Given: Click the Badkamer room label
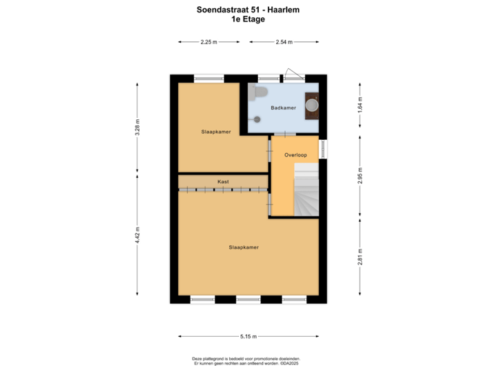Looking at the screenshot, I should [x=284, y=108].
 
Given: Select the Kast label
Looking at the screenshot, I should [x=223, y=182].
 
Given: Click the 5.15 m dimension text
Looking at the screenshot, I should [x=248, y=336].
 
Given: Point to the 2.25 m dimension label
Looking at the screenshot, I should [x=208, y=42].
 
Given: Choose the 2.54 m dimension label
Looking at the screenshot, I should [x=284, y=42].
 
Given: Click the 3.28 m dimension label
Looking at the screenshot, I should [x=138, y=129].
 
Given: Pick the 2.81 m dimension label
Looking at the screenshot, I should [x=360, y=256].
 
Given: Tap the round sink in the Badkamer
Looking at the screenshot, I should [x=312, y=105].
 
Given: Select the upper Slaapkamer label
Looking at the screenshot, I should [x=216, y=132].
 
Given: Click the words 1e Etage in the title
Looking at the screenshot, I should [x=248, y=20].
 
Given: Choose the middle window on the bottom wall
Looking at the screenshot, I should [x=248, y=299].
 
